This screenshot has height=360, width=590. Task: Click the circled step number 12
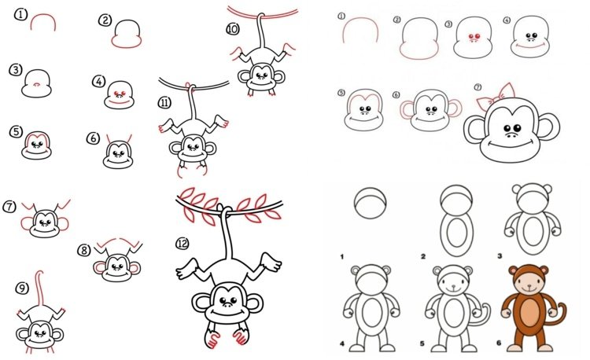[183, 244]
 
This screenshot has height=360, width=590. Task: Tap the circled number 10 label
[233, 29]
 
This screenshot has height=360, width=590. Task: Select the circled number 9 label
[22, 288]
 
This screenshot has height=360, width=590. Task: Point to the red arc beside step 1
[43, 16]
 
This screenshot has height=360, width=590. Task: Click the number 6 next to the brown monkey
[499, 343]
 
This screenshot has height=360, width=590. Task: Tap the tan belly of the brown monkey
[529, 314]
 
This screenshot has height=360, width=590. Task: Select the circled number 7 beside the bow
[478, 87]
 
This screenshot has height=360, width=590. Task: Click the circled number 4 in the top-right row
[507, 20]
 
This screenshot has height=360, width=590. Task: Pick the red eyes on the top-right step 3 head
[474, 36]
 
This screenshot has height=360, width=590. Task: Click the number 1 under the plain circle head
[341, 257]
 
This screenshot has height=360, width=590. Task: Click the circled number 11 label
[165, 103]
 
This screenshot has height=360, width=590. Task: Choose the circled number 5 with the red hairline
[17, 132]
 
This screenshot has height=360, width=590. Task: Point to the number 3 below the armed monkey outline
[500, 256]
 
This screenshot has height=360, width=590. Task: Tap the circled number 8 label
[84, 250]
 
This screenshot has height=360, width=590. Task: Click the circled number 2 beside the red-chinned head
[105, 20]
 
